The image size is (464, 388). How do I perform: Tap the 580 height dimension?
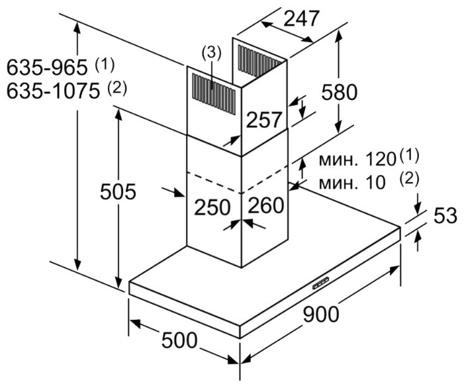click(x=340, y=92)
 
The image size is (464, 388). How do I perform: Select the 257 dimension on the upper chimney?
click(x=263, y=120)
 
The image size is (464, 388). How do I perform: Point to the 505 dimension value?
click(x=118, y=191)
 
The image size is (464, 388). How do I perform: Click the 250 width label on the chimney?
click(x=212, y=207)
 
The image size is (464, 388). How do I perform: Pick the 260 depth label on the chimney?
click(x=266, y=205)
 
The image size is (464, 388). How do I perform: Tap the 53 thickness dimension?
click(x=445, y=215)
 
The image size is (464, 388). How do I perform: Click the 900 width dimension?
click(x=321, y=315)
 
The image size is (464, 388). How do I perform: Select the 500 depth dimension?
click(x=179, y=340)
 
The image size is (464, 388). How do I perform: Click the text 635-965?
click(x=47, y=68)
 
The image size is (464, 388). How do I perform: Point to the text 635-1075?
click(x=53, y=91)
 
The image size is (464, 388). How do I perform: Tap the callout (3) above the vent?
click(x=211, y=53)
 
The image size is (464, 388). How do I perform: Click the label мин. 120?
click(x=357, y=160)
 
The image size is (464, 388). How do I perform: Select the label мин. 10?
click(x=352, y=183)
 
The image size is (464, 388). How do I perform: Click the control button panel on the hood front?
click(x=321, y=282)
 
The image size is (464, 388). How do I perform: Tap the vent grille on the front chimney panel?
click(x=214, y=93)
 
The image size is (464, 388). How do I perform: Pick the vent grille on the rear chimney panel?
click(x=259, y=60)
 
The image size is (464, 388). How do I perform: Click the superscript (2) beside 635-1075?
click(x=117, y=88)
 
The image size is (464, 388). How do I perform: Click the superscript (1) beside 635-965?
click(x=105, y=65)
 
